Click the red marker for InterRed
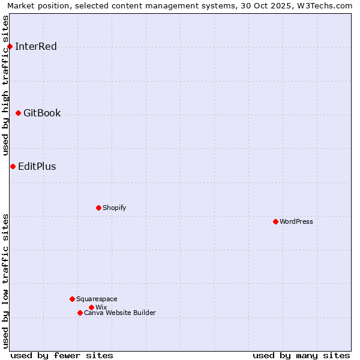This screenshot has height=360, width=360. click(10, 46)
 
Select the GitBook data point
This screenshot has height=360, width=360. click(18, 113)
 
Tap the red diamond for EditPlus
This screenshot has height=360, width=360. click(13, 166)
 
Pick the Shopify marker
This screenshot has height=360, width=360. click(98, 208)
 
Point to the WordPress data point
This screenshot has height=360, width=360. click(275, 221)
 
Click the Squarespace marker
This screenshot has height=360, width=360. click(72, 299)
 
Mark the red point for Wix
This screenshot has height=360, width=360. click(91, 307)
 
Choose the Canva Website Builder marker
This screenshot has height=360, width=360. click(80, 313)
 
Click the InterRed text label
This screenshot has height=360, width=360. click(36, 46)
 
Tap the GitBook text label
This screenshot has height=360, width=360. click(42, 113)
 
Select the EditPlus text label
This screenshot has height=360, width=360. click(37, 166)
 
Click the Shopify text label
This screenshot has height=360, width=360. click(114, 208)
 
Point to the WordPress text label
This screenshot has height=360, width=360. click(296, 221)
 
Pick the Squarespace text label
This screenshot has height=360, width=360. click(97, 299)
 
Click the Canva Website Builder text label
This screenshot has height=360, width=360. click(120, 313)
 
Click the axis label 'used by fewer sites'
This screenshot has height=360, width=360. click(62, 355)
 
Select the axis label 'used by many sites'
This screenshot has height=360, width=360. click(301, 355)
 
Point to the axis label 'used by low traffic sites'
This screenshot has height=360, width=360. click(6, 281)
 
